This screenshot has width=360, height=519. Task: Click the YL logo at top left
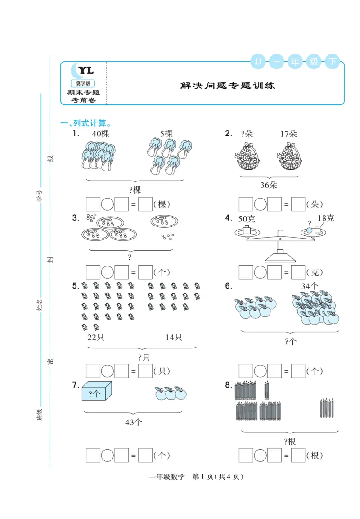85,70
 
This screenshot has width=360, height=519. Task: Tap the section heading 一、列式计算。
85,123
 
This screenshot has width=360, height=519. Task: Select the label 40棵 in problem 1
100,134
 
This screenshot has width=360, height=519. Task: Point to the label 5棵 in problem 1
166,134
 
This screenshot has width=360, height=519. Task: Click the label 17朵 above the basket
288,134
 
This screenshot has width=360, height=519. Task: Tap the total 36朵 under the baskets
269,185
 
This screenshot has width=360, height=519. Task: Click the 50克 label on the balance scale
247,219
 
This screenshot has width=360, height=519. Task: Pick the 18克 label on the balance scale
326,218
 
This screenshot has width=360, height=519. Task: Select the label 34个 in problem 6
310,286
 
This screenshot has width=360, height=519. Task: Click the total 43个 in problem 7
133,422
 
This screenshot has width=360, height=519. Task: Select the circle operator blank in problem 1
107,204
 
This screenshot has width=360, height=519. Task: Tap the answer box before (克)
298,272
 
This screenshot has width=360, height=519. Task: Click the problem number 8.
229,385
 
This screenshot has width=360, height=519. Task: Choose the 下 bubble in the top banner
332,61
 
